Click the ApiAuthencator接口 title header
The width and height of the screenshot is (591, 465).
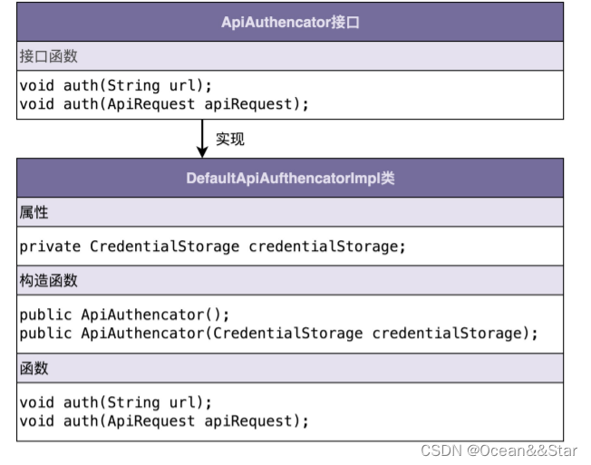(290, 23)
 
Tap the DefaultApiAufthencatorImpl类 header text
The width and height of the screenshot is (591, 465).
(290, 178)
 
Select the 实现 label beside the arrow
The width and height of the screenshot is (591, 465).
(230, 140)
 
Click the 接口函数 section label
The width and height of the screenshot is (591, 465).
(49, 56)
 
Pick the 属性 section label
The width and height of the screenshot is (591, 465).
(34, 212)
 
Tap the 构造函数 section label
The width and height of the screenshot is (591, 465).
(49, 280)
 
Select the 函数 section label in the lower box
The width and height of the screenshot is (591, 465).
(34, 368)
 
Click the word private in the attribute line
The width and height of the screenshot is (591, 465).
(50, 247)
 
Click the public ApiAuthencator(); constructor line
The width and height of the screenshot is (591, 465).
(125, 315)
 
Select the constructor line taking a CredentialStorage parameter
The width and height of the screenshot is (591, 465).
(278, 333)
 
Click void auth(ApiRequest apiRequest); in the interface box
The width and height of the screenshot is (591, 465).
(164, 104)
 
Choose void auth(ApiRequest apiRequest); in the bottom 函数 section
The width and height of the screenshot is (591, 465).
(164, 421)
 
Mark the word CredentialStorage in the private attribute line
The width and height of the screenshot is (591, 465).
(164, 247)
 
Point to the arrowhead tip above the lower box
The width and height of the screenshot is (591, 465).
(202, 155)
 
